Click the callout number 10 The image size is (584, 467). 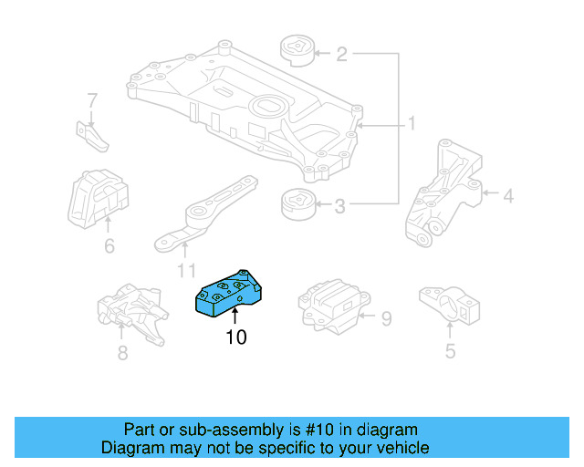pyautogui.click(x=236, y=337)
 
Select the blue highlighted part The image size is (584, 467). pyautogui.click(x=230, y=292)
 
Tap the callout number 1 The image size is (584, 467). pyautogui.click(x=412, y=123)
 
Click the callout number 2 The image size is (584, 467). pyautogui.click(x=341, y=55)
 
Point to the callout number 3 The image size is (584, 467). pyautogui.click(x=339, y=207)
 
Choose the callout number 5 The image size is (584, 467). pyautogui.click(x=450, y=350)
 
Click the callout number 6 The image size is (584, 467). pyautogui.click(x=109, y=245)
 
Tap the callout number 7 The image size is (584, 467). pyautogui.click(x=92, y=99)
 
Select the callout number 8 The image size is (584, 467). pyautogui.click(x=122, y=350)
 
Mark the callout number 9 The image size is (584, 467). pyautogui.click(x=386, y=318)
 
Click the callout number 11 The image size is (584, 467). pyautogui.click(x=186, y=271)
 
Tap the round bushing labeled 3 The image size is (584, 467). pyautogui.click(x=297, y=205)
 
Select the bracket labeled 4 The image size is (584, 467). pyautogui.click(x=445, y=194)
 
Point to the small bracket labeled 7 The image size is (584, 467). pyautogui.click(x=92, y=134)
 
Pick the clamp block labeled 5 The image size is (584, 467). pyautogui.click(x=449, y=303)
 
